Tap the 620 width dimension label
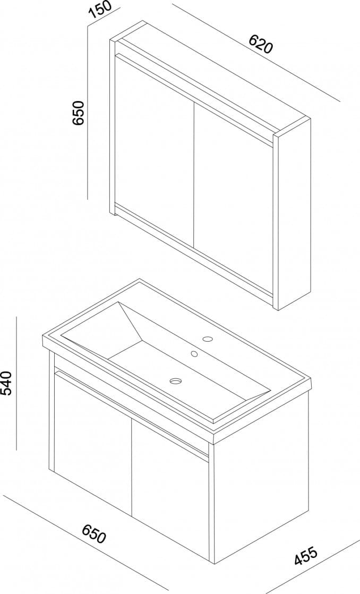pyautogui.click(x=260, y=44)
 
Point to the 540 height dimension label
pyautogui.click(x=7, y=383)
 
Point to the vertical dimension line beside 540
pyautogui.click(x=17, y=383)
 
